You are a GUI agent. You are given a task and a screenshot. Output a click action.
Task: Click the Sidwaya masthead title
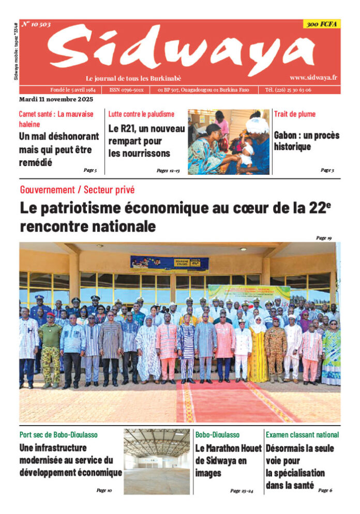(x=181, y=49)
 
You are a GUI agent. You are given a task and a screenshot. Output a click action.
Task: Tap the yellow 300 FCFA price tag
(x=321, y=24)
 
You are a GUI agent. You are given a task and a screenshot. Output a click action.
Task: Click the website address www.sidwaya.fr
(x=313, y=78)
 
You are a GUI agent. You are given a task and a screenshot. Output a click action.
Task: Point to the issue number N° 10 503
(x=36, y=24)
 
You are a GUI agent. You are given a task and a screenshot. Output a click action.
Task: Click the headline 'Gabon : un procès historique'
(x=306, y=141)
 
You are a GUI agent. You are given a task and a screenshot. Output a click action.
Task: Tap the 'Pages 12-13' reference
(x=168, y=170)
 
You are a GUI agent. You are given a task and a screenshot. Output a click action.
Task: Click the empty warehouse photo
(x=157, y=461)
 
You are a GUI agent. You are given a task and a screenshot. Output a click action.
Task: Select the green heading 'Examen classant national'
(x=302, y=435)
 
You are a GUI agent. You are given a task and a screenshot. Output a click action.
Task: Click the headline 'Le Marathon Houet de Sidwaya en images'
(x=228, y=460)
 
